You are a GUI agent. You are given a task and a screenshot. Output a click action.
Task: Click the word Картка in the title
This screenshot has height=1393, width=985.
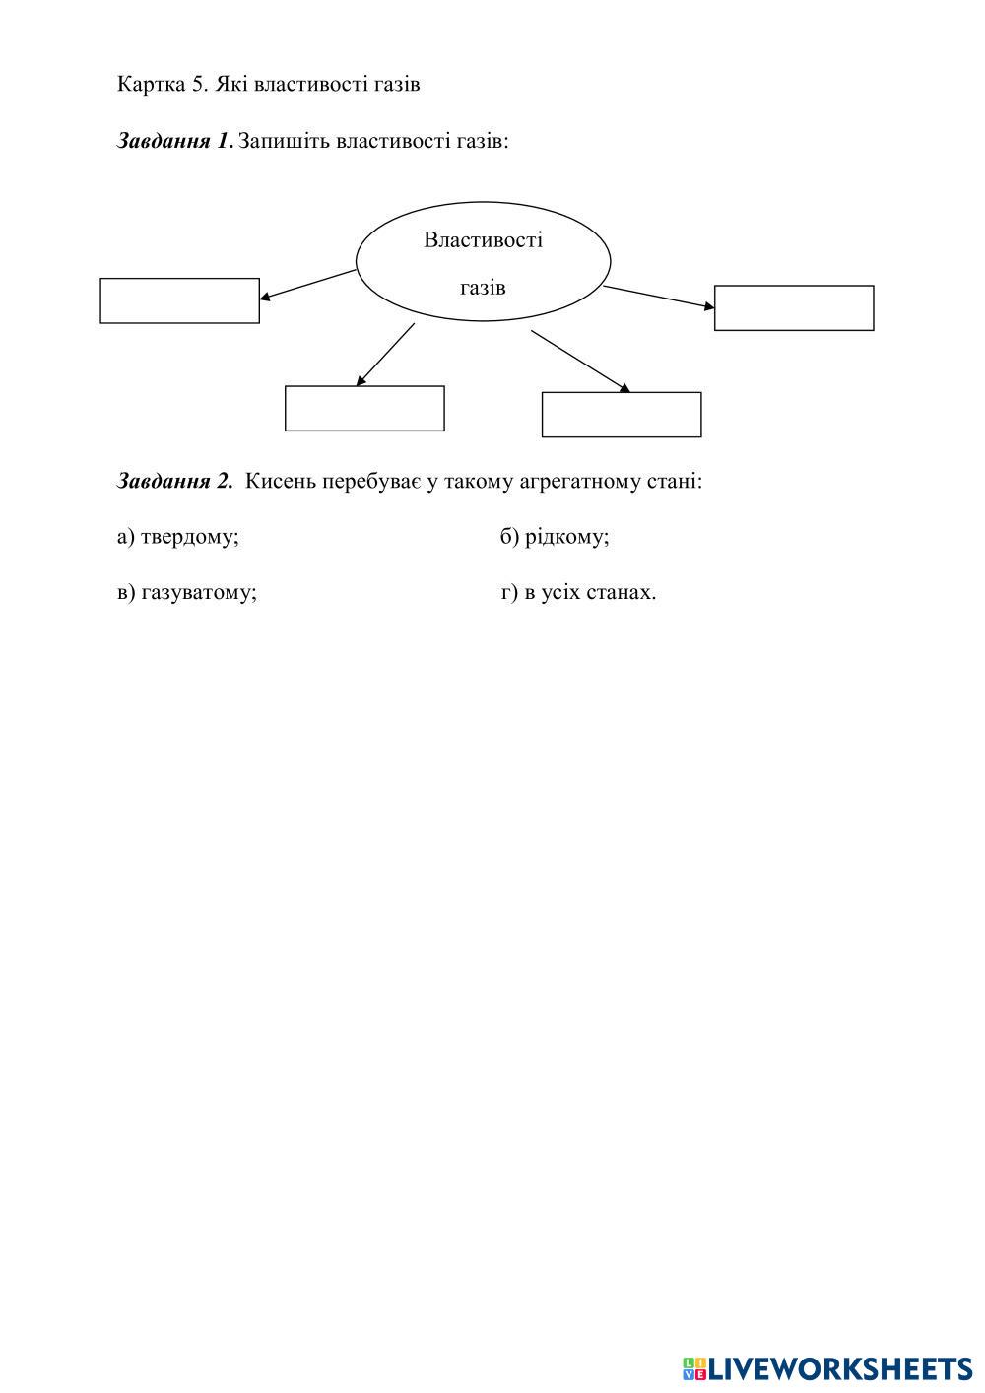[x=149, y=84]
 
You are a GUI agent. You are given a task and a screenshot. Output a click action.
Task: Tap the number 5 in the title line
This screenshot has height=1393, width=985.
[x=196, y=84]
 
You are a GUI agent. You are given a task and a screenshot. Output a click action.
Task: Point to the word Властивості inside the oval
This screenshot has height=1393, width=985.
[x=483, y=240]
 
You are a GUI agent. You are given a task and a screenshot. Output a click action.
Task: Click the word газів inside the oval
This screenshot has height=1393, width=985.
[x=483, y=288]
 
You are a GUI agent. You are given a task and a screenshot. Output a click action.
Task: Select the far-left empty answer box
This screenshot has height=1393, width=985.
[x=179, y=300]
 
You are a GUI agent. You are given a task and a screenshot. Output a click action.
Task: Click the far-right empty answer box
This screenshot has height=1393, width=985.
[x=794, y=308]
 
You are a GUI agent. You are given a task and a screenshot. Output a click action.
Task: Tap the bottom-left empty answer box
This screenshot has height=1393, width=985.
[x=364, y=408]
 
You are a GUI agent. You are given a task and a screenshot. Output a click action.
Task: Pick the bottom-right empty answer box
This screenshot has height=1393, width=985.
[x=622, y=415]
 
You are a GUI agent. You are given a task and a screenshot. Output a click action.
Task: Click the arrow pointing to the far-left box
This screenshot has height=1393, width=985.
[x=307, y=284]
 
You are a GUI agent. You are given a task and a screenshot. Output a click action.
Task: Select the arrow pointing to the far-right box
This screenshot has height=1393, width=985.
[x=658, y=297]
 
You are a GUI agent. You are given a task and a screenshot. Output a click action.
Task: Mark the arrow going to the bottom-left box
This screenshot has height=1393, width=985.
[x=385, y=355]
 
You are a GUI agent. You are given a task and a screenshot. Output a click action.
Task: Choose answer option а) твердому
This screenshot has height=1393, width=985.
[x=178, y=537]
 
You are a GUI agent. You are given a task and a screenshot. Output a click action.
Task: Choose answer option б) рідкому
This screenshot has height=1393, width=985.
[x=555, y=537]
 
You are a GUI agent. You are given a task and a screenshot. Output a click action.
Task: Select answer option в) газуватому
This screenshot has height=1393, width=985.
[x=187, y=592]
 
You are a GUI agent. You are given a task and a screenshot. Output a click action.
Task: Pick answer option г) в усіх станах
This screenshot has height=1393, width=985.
[x=578, y=592]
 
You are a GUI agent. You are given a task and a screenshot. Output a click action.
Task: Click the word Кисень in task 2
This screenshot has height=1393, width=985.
[x=280, y=481]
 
